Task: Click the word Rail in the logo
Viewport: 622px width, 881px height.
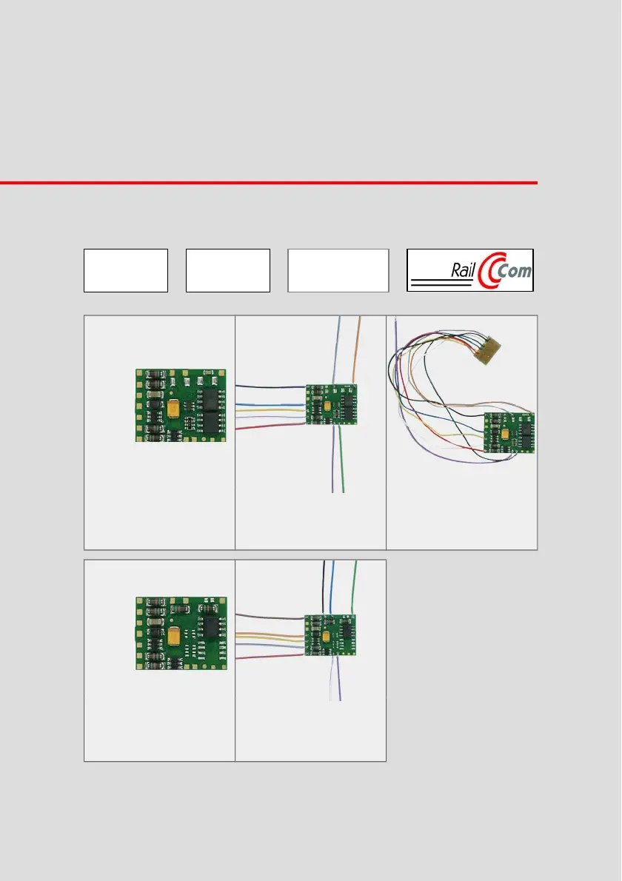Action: [x=463, y=271]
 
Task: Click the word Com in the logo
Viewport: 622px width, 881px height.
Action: [x=514, y=272]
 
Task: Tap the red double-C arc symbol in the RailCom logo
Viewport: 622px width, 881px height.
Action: [x=486, y=272]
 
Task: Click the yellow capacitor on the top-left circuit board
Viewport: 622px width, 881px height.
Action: [x=173, y=406]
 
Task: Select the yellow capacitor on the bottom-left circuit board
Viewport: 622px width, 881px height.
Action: [x=174, y=635]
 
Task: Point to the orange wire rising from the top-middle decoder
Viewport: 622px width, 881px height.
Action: [x=355, y=350]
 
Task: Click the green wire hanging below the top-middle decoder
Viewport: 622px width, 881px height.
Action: [x=341, y=458]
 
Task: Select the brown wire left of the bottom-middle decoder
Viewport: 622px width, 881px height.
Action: [x=270, y=617]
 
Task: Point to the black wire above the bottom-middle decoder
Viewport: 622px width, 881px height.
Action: [x=324, y=587]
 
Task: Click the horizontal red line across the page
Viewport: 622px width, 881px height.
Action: [x=269, y=183]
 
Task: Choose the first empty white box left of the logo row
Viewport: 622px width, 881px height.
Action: [x=126, y=270]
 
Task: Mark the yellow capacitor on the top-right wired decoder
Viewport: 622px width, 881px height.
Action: [x=504, y=434]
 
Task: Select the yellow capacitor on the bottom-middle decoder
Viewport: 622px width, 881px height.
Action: [x=325, y=636]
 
